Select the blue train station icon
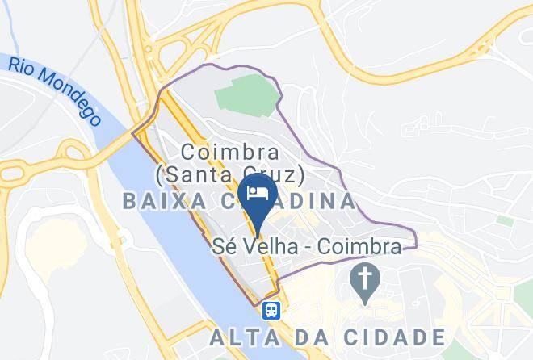271,309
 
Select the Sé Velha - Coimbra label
306,247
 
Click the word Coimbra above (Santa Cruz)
230,151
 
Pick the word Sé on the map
223,247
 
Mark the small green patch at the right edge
505,220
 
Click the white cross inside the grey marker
365,279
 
